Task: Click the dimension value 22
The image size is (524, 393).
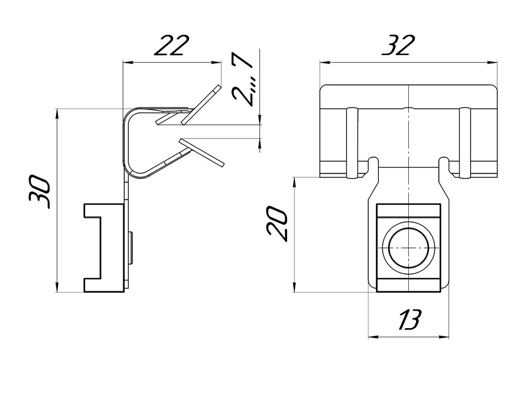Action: (171, 46)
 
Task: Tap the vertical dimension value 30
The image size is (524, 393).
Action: (42, 192)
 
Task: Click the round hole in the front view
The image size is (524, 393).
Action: (408, 247)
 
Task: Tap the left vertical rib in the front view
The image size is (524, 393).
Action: (351, 143)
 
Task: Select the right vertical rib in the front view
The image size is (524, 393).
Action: (465, 143)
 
